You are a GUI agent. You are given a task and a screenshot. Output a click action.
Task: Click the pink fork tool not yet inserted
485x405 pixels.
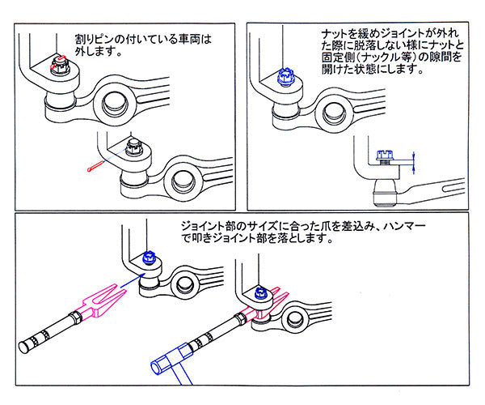click(x=102, y=301)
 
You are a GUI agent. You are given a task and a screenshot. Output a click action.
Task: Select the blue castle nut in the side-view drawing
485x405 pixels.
click(x=385, y=156)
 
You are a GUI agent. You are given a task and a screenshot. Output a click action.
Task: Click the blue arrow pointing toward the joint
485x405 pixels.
click(x=133, y=279)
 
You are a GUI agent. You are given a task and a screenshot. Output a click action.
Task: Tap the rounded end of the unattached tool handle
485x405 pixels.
click(x=23, y=347)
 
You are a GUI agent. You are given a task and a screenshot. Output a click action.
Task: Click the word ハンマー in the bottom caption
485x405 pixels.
click(x=404, y=226)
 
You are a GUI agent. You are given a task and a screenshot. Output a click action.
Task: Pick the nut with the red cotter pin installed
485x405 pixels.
click(x=58, y=65)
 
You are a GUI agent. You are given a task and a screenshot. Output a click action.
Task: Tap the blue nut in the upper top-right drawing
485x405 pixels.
click(x=285, y=77)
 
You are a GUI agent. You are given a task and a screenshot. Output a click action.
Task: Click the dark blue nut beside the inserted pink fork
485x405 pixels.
click(x=261, y=293)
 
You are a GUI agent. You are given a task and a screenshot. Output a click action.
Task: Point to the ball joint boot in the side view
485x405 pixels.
click(x=385, y=193)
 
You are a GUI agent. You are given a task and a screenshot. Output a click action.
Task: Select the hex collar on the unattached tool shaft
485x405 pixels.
click(x=76, y=318)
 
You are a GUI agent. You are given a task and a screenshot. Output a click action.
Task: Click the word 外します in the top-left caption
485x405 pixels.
click(x=94, y=51)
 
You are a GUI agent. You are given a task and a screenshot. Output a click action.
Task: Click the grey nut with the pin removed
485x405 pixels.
click(x=134, y=147)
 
